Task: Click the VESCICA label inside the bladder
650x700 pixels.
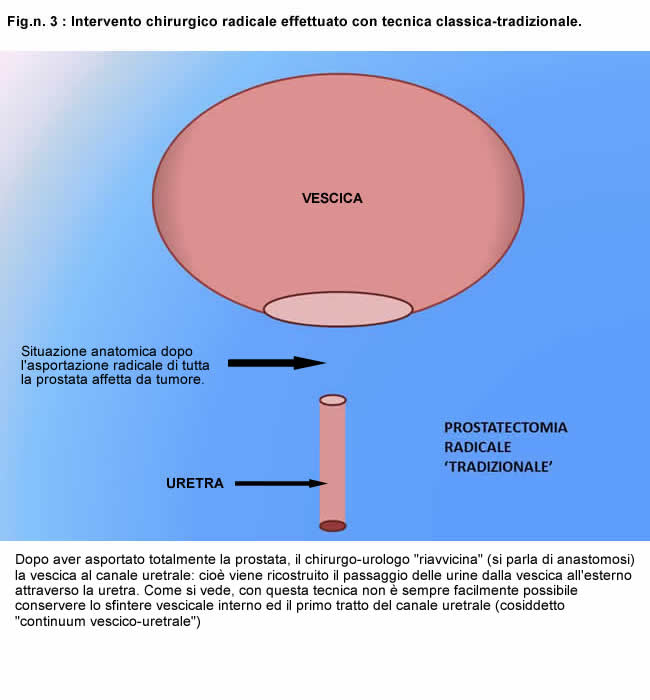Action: (332, 198)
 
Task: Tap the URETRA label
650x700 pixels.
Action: (195, 483)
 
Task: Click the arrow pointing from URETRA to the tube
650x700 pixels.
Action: (281, 483)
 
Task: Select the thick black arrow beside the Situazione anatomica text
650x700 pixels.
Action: (276, 363)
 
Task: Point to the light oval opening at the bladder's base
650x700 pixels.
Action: (338, 309)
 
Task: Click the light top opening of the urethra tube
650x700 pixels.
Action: (333, 400)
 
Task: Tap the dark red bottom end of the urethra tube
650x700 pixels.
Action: (333, 526)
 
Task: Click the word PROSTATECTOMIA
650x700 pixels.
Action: (505, 428)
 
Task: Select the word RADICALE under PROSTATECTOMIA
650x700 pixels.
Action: (477, 447)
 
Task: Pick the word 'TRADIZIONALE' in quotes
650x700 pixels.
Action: (498, 467)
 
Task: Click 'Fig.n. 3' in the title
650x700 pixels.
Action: (32, 21)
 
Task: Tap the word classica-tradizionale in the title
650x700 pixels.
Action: (509, 21)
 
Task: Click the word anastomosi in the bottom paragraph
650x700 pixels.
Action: (594, 559)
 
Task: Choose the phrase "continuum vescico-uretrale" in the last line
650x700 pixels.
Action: (105, 621)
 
